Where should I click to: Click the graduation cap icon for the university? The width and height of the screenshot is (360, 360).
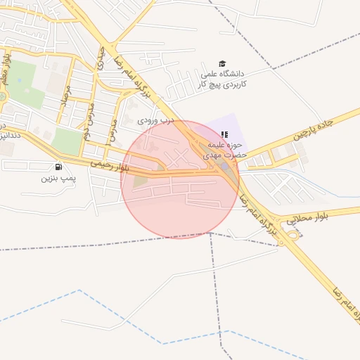tap(223, 64)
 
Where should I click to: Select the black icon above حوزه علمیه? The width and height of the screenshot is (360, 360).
tap(224, 134)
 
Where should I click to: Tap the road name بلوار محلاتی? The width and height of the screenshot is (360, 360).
tap(312, 219)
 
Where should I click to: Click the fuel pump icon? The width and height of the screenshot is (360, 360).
tap(58, 167)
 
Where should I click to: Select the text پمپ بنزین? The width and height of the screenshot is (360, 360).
tap(56, 179)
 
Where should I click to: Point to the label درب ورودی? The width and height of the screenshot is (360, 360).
tap(155, 120)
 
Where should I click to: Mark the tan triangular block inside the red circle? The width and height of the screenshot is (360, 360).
tap(141, 181)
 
